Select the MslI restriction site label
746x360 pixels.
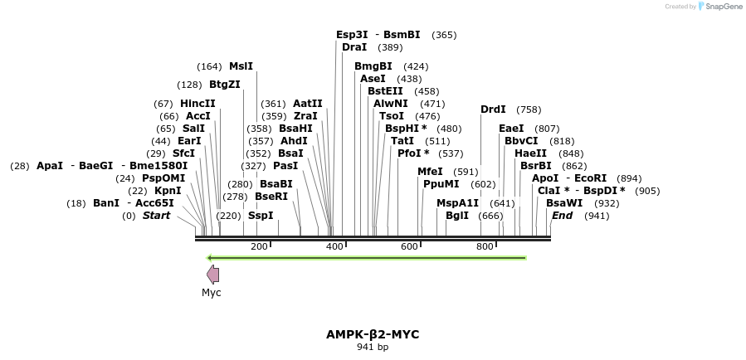tap(241, 66)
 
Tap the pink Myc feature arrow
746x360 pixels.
tap(213, 275)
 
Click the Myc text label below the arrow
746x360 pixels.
tap(212, 293)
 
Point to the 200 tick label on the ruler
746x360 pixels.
tap(259, 247)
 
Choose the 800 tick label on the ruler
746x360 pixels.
tap(485, 247)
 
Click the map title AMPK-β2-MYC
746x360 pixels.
tap(373, 334)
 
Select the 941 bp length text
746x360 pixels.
tap(373, 348)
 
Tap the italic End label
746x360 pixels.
tap(562, 216)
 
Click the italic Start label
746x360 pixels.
tap(156, 216)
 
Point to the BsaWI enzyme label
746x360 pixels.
tap(563, 203)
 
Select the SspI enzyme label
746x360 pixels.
tap(261, 216)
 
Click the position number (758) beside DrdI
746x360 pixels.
tap(529, 109)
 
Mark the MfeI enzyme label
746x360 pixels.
tap(430, 172)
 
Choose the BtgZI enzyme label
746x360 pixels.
tap(224, 85)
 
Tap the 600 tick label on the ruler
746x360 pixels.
tap(410, 247)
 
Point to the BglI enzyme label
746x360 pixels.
tap(457, 216)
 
